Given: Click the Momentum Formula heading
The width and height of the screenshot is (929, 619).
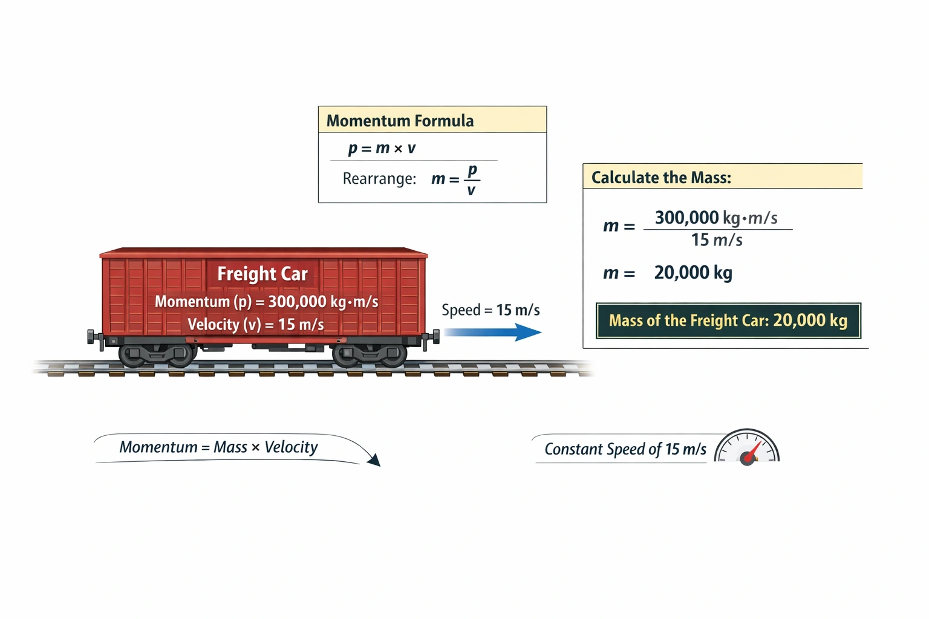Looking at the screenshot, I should [400, 121].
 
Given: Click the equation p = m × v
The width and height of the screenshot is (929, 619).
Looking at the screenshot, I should [382, 148].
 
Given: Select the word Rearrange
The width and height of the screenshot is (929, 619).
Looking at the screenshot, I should [379, 179].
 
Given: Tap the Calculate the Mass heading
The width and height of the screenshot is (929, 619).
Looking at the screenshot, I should [661, 178].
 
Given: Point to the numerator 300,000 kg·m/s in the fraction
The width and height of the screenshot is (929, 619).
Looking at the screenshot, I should [716, 218].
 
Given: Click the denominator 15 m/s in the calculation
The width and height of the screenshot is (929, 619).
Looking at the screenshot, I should [717, 240].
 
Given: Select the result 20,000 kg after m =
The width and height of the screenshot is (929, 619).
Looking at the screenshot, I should [693, 273].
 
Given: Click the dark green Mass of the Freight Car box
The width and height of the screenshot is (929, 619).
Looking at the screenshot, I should [728, 320].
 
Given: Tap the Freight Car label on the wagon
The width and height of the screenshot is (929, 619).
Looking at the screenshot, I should [262, 274].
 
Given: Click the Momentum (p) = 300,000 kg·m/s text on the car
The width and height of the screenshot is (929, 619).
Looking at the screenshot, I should [266, 302].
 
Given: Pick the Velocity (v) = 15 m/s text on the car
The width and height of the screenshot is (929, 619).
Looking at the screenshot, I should [255, 325].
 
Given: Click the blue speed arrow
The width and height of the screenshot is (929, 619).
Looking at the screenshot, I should [492, 332].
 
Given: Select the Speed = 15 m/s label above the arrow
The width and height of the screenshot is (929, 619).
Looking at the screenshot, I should [491, 310].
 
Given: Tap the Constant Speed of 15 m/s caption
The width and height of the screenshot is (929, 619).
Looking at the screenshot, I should [625, 449].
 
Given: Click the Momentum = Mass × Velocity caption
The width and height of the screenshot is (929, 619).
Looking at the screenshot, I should [218, 447].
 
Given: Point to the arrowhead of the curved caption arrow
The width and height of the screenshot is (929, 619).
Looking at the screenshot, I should [374, 461].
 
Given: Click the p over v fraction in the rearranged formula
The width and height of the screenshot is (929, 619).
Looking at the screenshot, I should [472, 180].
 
